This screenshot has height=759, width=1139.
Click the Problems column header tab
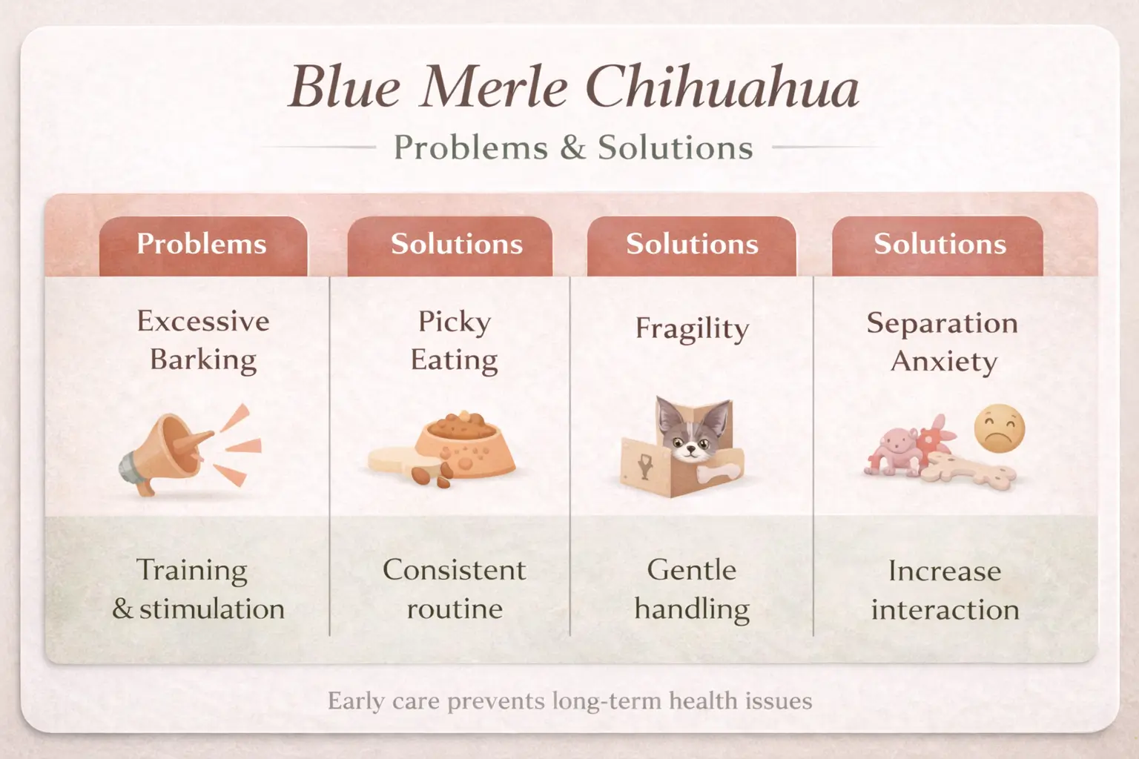202,245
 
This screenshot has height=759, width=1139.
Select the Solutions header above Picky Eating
457,245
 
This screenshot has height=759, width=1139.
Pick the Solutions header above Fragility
692,245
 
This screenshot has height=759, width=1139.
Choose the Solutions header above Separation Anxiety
940,245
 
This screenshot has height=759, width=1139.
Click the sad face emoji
999,428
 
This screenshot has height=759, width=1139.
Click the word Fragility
692,328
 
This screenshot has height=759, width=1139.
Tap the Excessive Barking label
202,340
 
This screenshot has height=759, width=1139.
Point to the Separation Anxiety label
942,342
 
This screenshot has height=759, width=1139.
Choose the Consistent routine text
455,589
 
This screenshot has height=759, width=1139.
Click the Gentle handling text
692,589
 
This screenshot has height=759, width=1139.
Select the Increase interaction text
945,591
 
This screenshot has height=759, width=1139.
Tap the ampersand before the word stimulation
123,609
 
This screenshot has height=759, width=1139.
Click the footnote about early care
569,701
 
